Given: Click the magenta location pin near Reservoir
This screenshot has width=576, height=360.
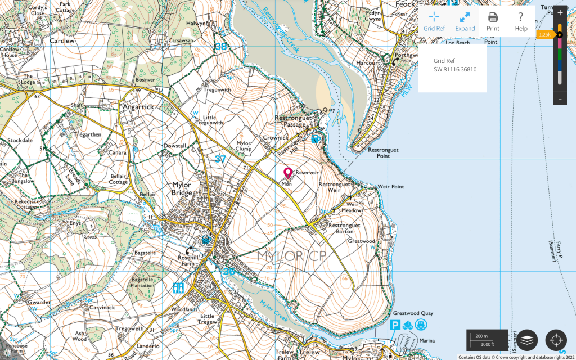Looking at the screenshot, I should point(287,173).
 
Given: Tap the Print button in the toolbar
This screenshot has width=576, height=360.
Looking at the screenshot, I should point(493,21).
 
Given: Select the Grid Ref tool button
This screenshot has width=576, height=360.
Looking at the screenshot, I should point(434,21).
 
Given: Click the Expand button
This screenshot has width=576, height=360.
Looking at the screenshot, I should point(465,21).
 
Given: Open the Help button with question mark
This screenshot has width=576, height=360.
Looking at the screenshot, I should point(521,21).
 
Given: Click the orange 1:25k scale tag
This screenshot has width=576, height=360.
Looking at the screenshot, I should point(544,35).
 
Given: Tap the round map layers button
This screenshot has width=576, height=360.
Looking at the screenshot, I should point(527,340).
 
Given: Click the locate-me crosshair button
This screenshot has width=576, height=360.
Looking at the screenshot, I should point(556,340).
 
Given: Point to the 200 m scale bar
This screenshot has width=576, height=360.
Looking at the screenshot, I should point(487,340).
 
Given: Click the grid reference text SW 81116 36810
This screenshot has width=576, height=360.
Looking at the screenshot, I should point(454,69).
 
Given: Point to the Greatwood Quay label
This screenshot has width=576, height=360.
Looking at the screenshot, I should point(412,313).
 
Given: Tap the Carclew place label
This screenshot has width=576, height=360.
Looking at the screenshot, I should point(62,41).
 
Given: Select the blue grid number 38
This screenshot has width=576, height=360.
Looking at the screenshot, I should point(220,46).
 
